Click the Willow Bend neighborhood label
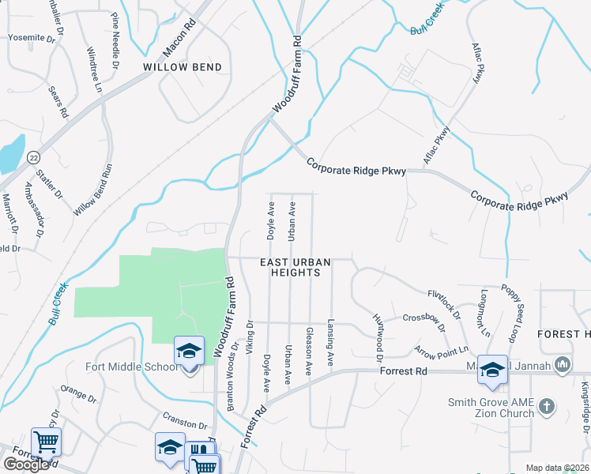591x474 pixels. click(x=182, y=68)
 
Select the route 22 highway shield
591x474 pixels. click(x=32, y=158)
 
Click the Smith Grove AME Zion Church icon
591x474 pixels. click(x=546, y=408)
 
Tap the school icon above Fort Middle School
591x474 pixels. click(x=189, y=351)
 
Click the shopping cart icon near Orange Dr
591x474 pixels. click(x=46, y=442)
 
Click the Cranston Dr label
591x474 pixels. click(x=184, y=417)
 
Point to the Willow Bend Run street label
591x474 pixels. click(x=95, y=190)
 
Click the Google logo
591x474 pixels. click(x=26, y=465)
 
